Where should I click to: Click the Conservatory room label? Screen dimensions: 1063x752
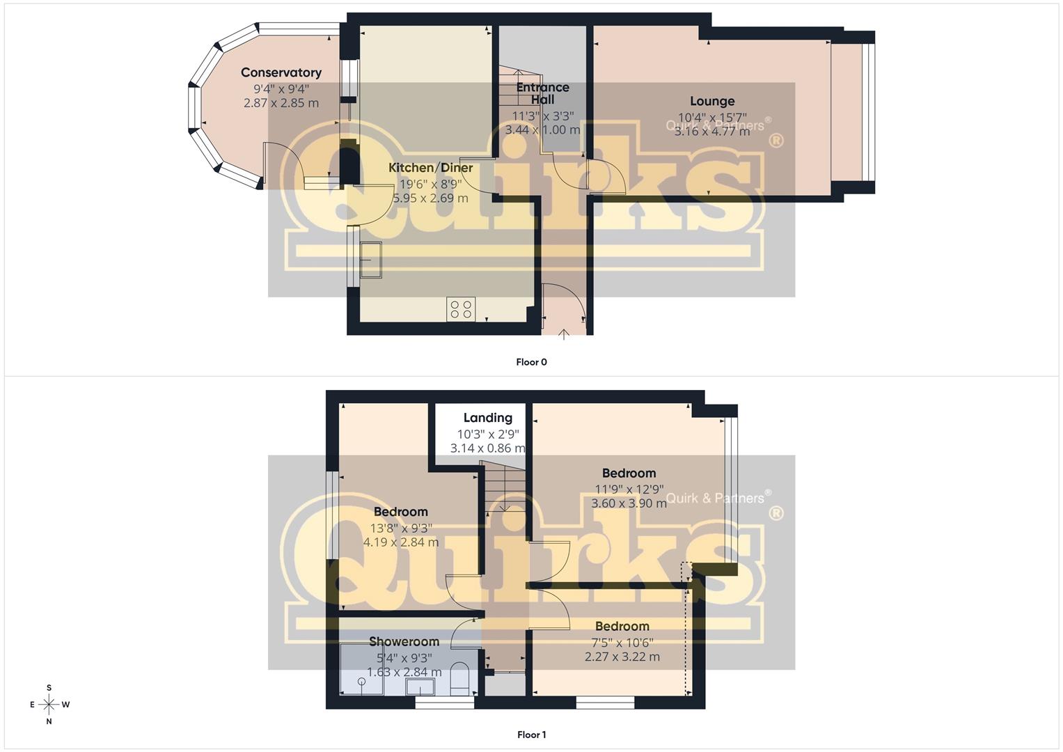coord(281,72)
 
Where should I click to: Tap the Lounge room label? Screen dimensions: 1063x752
coord(712,101)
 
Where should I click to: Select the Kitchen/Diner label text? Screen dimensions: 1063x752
coord(430,168)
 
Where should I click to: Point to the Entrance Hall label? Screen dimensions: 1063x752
coord(542,93)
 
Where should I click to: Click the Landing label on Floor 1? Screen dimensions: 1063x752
coord(488,418)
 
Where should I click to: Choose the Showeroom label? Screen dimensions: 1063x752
coord(404,642)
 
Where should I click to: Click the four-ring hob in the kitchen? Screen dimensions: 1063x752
coord(461,309)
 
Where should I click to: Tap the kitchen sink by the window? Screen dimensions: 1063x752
coord(371,260)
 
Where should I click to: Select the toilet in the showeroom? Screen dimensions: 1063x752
coord(459,680)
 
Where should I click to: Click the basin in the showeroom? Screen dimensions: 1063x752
coord(420,687)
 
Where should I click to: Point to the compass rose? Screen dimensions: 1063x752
coord(49,705)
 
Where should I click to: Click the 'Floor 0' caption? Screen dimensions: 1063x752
coord(532,362)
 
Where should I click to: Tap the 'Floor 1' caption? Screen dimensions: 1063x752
coord(532,735)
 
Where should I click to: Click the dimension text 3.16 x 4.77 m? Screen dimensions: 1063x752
coord(712,132)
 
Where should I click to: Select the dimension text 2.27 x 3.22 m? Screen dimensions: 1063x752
coord(622,657)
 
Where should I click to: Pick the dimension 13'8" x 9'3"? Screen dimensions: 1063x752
coord(401,528)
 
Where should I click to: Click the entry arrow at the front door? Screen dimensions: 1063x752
coord(563,335)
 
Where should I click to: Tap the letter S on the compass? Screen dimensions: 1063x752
coord(49,688)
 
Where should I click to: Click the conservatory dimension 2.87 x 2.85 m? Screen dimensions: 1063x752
coord(281,103)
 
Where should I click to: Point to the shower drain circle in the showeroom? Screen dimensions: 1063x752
coord(362,682)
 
